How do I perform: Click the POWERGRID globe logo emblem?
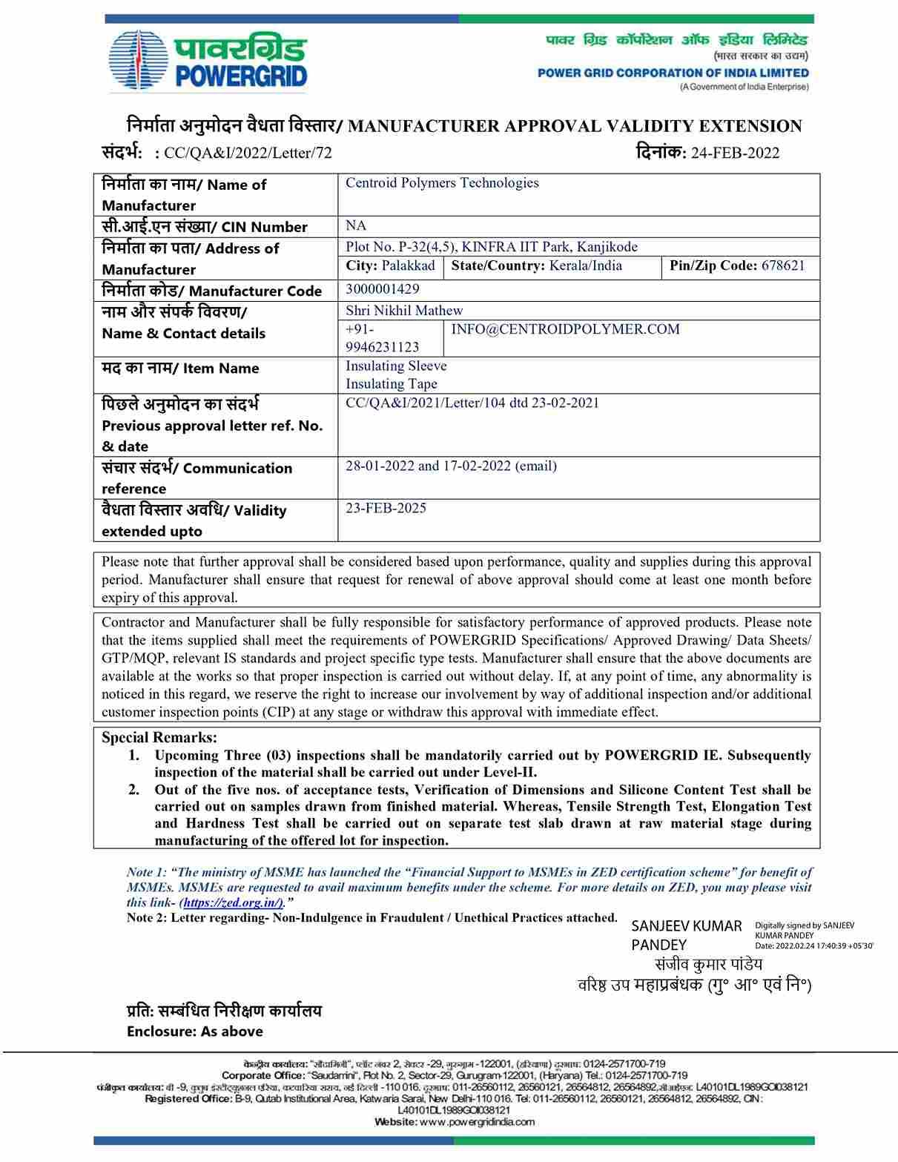tap(140, 62)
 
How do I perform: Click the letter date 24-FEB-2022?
tap(735, 153)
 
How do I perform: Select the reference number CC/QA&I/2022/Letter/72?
tap(248, 153)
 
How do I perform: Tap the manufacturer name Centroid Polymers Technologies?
tap(442, 183)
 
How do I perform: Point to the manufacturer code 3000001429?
tap(382, 289)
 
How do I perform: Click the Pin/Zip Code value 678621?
tap(782, 265)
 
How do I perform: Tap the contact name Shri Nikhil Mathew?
tap(404, 311)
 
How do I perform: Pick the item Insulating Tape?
tap(392, 384)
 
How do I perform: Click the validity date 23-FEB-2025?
tap(386, 509)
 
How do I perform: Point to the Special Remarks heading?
tap(159, 738)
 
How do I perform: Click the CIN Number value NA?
tap(356, 225)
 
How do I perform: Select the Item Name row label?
tap(180, 368)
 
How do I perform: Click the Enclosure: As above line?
tap(194, 1031)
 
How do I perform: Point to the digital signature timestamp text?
tap(813, 945)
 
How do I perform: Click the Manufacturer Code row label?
tap(211, 291)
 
